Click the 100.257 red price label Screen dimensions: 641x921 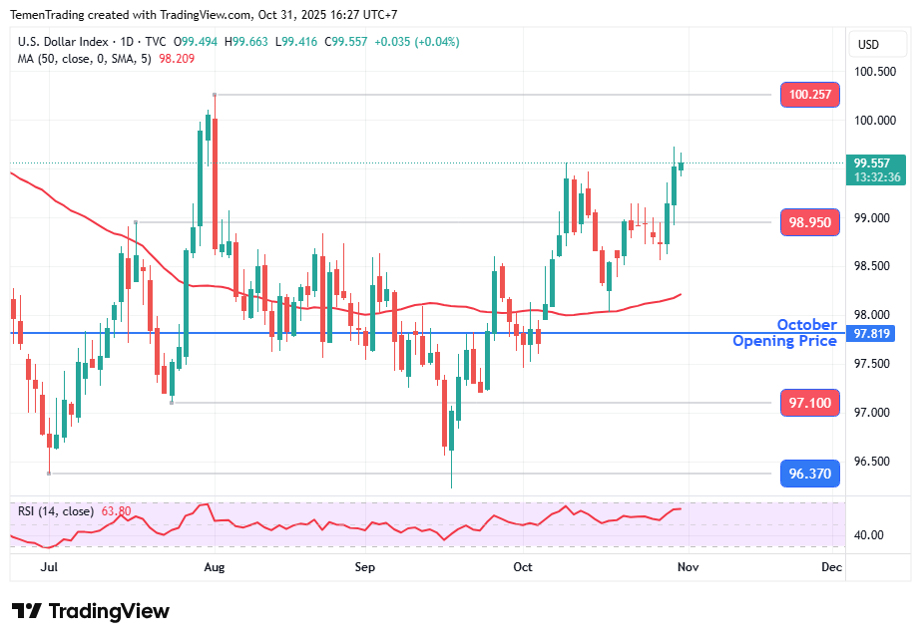click(809, 95)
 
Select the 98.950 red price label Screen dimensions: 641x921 click(809, 222)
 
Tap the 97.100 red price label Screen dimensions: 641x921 click(809, 403)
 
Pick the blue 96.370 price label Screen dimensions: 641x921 click(809, 474)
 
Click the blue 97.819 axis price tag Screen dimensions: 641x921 click(874, 333)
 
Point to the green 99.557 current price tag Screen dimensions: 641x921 click(877, 163)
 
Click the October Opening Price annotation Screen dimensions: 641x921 click(785, 333)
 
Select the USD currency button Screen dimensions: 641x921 click(868, 44)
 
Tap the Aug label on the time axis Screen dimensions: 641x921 click(215, 566)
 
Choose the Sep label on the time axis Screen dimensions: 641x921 click(365, 566)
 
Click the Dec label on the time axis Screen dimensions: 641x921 click(831, 566)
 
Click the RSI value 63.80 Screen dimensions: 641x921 click(115, 511)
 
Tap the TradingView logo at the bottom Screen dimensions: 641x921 click(91, 611)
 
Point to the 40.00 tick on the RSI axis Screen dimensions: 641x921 click(870, 534)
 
